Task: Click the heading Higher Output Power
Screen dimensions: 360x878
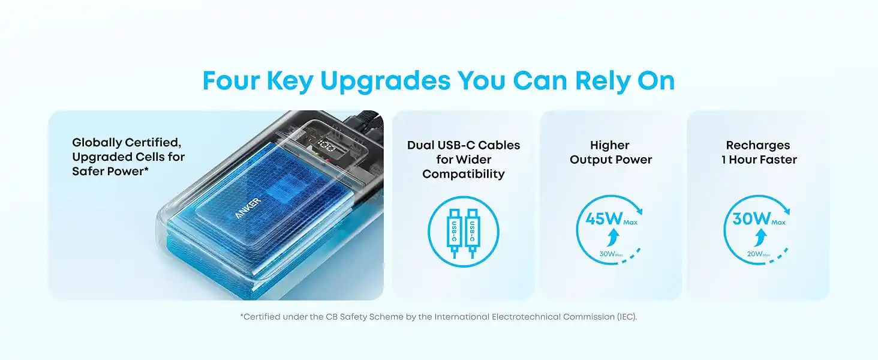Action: pyautogui.click(x=611, y=152)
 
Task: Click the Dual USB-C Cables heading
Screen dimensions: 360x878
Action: pyautogui.click(x=464, y=145)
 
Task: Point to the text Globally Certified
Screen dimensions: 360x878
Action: pyautogui.click(x=127, y=143)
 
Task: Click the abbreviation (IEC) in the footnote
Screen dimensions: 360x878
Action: pyautogui.click(x=626, y=317)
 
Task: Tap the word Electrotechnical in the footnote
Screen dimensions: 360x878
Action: pyautogui.click(x=519, y=317)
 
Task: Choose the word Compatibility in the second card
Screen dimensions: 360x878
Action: pyautogui.click(x=464, y=174)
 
